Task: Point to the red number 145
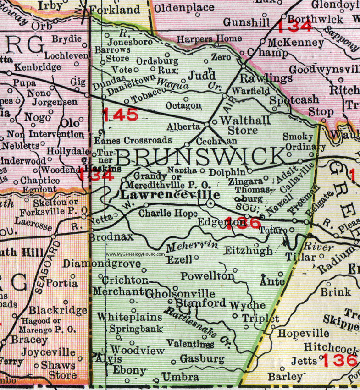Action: point(121,115)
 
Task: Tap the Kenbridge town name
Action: point(32,67)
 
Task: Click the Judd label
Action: point(202,73)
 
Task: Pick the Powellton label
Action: point(208,276)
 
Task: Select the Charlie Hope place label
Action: point(168,213)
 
